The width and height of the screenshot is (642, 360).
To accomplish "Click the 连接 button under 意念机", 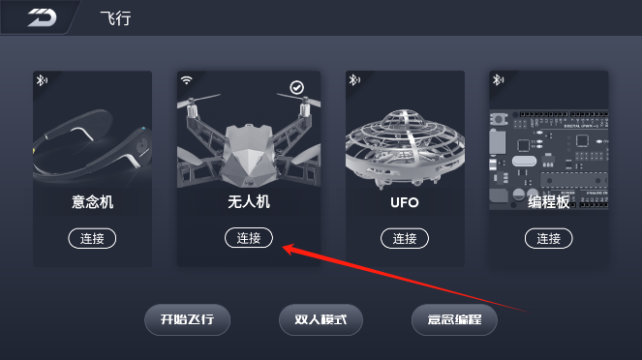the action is (92, 238).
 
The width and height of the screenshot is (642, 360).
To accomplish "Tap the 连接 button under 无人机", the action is (249, 238).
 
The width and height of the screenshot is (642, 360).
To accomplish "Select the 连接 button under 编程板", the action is (549, 238).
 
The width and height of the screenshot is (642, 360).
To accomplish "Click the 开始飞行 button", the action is (188, 319).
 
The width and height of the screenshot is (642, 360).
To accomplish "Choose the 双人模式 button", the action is (321, 319).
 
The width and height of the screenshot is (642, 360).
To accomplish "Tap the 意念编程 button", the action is (454, 319).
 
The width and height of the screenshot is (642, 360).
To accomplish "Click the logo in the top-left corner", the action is (43, 17).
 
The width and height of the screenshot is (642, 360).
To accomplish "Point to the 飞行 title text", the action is (116, 18).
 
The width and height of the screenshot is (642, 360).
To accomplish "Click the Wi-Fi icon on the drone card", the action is (186, 80).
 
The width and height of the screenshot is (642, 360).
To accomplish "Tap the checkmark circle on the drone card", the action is (297, 87).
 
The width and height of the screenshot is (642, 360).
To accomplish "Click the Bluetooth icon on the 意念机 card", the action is (42, 80).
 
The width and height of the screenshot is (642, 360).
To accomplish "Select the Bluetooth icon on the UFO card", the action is (354, 79).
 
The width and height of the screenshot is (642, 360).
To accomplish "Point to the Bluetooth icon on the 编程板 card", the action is (498, 79).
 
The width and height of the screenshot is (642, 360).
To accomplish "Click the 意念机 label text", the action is (93, 202).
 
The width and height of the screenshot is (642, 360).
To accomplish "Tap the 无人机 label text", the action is (249, 201).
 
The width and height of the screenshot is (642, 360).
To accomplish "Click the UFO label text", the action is (405, 202).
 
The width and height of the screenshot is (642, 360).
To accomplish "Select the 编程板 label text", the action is (549, 202).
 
